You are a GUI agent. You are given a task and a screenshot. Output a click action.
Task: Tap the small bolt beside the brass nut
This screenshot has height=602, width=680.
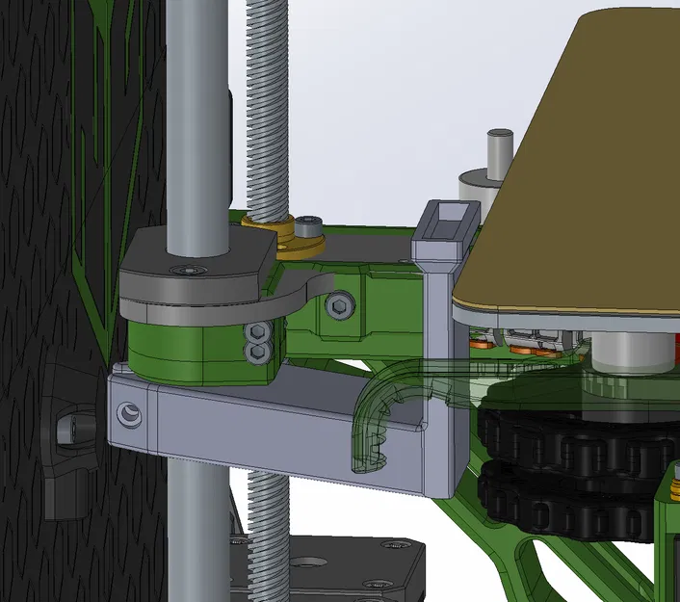coord(308,226)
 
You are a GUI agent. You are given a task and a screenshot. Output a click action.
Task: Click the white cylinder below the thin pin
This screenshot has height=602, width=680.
coord(478,188)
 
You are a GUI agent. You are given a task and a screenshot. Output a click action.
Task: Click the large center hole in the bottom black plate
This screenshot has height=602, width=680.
coord(311,563)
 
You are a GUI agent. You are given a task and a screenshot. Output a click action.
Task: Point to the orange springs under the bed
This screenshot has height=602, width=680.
coord(520,347)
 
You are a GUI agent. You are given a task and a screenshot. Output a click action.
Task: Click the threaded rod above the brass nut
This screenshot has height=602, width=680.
coord(267,106)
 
